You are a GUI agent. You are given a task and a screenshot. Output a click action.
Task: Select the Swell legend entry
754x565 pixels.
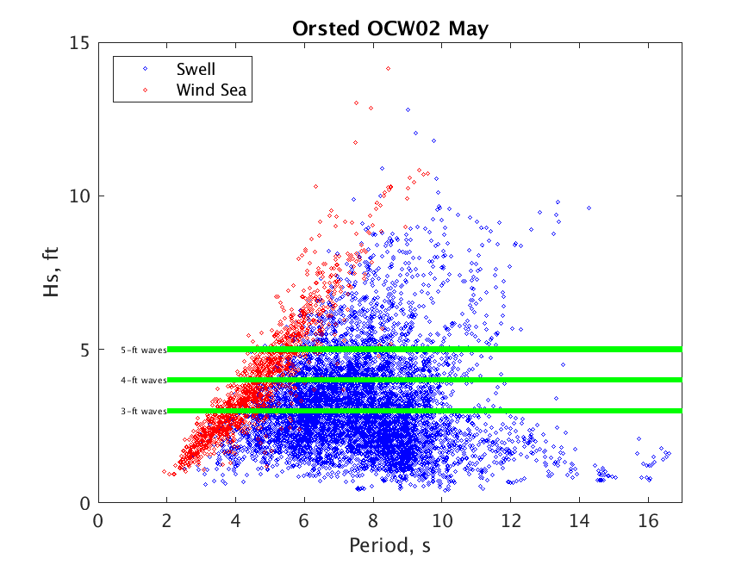[196, 69]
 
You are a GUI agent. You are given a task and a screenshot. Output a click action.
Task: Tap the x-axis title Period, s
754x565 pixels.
[389, 545]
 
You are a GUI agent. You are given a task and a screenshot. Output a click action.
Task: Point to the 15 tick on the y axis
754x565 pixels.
[82, 42]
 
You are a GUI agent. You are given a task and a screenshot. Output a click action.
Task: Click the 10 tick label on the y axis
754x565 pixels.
[82, 196]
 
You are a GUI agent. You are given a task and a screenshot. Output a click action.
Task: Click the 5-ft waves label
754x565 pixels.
[143, 350]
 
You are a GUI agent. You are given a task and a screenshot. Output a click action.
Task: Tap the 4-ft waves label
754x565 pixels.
[143, 380]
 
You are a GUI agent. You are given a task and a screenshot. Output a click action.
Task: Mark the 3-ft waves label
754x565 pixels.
[143, 412]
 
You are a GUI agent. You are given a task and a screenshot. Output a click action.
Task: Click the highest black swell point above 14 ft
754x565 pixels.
[388, 68]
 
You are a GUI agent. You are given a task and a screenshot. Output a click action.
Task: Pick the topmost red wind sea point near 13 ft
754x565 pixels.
[356, 102]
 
